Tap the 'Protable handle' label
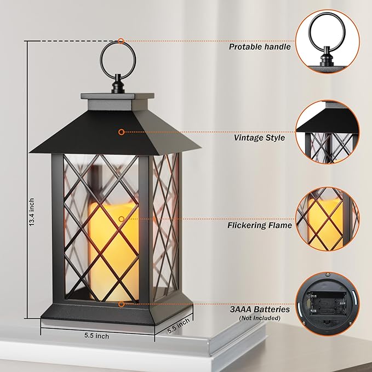coord(260,47)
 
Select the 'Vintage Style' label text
coord(259,138)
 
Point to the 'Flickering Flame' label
coord(260,225)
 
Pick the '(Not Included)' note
coord(259,318)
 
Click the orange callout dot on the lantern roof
coord(121,132)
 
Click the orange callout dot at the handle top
coord(121,41)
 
